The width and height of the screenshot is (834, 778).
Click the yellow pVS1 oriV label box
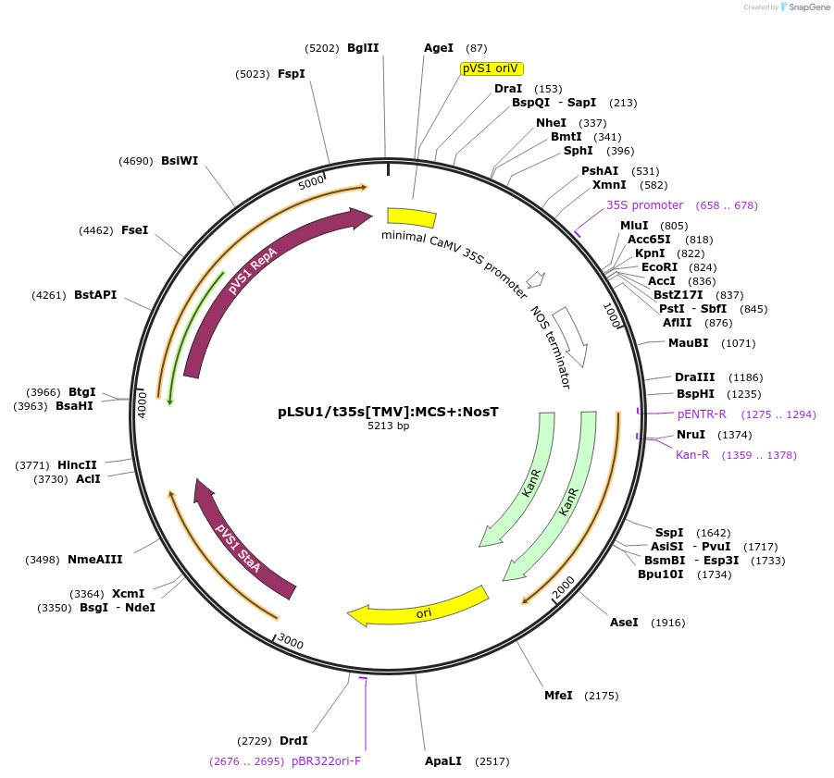click(x=492, y=68)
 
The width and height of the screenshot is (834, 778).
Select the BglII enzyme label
click(x=363, y=48)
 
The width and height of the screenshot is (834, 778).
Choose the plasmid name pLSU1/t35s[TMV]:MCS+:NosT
click(x=388, y=412)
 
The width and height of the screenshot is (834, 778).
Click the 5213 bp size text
click(x=388, y=426)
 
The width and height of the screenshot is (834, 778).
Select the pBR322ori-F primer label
click(x=326, y=761)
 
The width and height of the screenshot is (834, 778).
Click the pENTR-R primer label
click(x=702, y=414)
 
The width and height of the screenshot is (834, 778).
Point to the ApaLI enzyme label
click(x=442, y=761)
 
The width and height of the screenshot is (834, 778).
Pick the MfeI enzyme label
click(x=558, y=696)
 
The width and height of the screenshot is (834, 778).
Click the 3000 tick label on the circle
click(x=291, y=643)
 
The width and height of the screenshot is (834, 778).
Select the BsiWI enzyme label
click(x=180, y=161)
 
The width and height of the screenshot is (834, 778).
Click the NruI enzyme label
click(x=691, y=435)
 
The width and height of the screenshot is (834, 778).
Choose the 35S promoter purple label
click(x=644, y=205)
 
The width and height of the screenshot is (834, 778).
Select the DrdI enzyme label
click(x=293, y=741)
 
